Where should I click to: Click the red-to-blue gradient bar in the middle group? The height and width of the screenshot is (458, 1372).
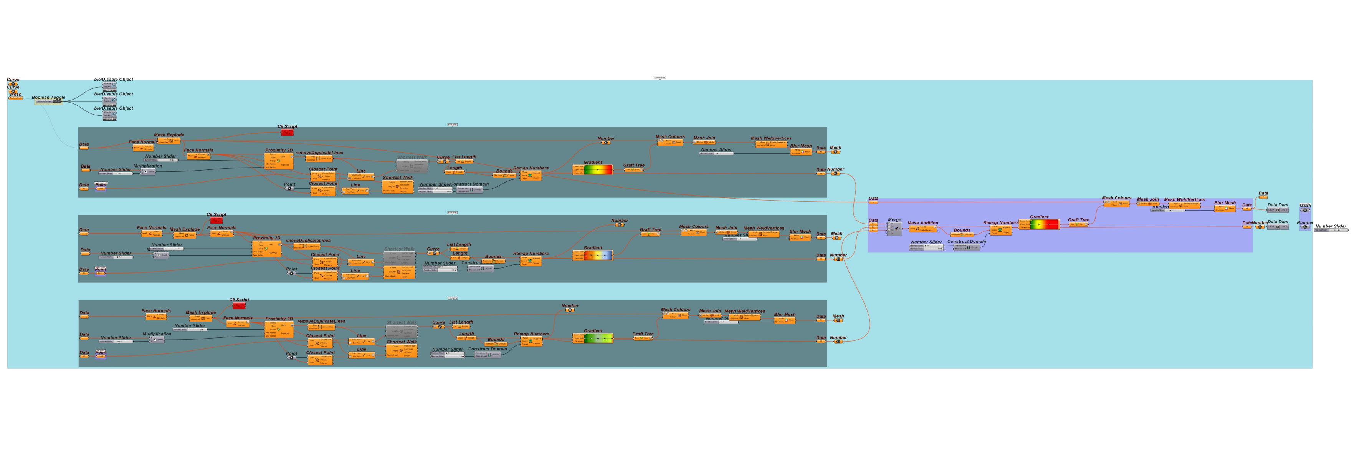(x=598, y=256)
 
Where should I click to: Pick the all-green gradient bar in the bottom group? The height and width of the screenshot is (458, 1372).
(x=598, y=338)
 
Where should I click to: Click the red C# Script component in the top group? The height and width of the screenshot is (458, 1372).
(x=288, y=132)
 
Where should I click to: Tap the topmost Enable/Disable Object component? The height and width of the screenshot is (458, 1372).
(x=110, y=86)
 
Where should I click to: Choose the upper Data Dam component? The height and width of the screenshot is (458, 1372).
(x=1278, y=210)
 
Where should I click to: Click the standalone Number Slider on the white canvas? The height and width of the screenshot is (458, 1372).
(x=1330, y=230)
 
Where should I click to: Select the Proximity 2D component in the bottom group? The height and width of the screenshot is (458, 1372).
(x=279, y=328)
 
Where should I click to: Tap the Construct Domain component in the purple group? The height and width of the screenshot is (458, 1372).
(x=966, y=247)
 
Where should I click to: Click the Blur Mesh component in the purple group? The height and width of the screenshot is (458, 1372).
(x=1225, y=209)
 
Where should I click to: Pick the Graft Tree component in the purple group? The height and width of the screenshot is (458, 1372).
(x=1078, y=224)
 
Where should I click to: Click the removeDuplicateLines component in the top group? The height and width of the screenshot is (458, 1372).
(x=319, y=158)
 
